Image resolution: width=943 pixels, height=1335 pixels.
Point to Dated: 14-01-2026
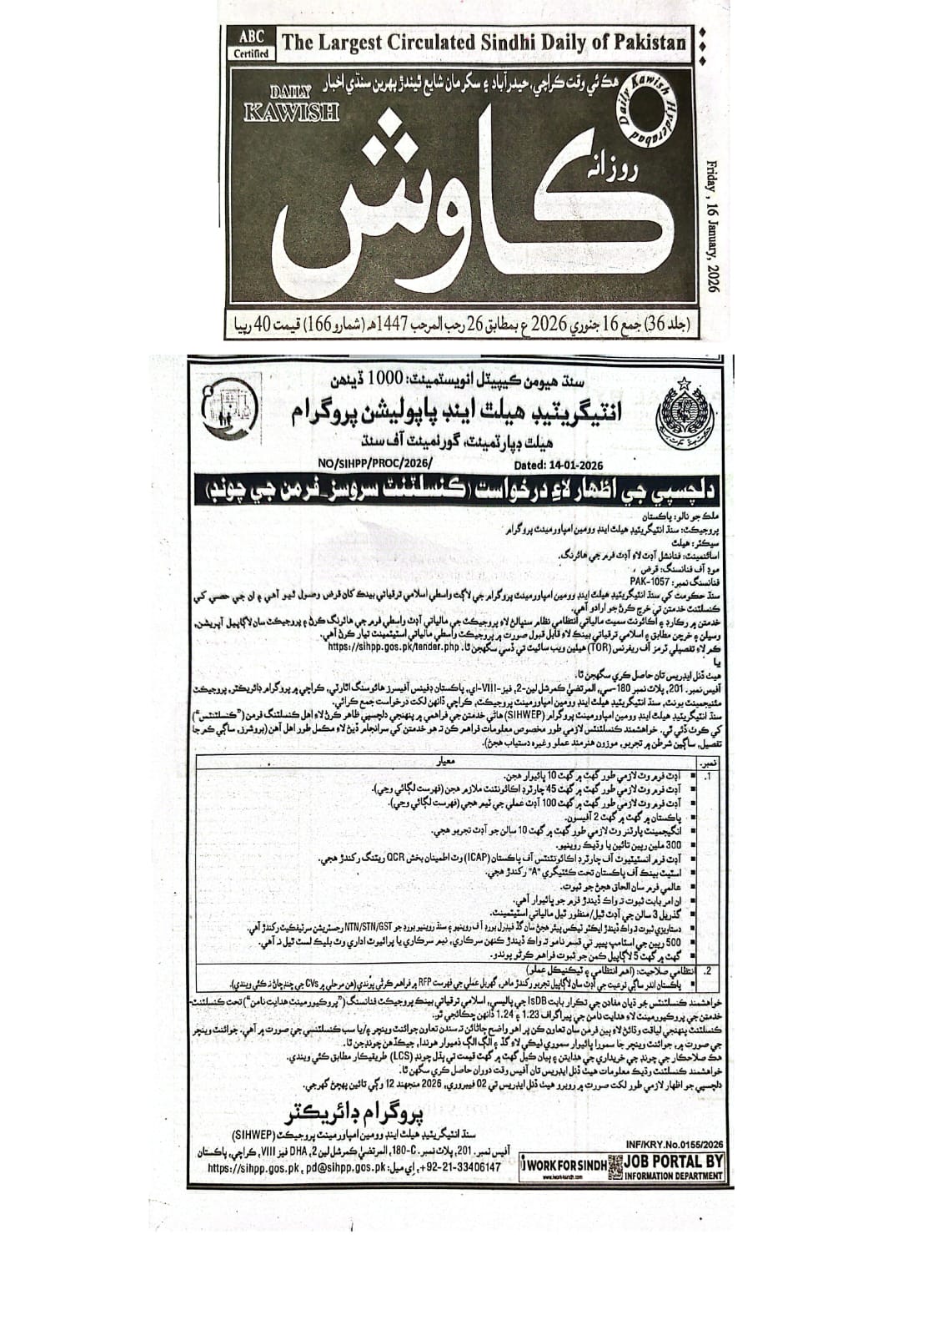click(x=559, y=466)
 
